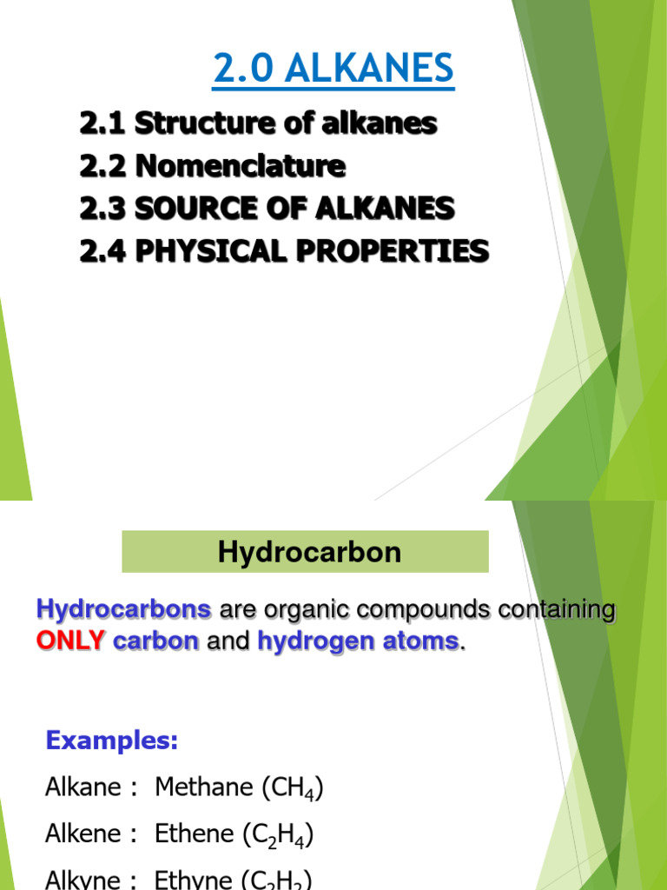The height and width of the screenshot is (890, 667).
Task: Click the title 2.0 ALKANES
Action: pyautogui.click(x=333, y=70)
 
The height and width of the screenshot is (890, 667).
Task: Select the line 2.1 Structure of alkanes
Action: pyautogui.click(x=258, y=124)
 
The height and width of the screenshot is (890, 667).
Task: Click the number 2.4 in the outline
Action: pyautogui.click(x=101, y=251)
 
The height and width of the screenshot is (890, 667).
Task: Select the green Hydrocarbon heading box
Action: pyautogui.click(x=305, y=552)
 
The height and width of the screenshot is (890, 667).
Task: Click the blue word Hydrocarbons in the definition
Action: pyautogui.click(x=123, y=610)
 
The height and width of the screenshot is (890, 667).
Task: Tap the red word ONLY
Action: pyautogui.click(x=70, y=642)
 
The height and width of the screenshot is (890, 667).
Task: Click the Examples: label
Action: pyautogui.click(x=111, y=741)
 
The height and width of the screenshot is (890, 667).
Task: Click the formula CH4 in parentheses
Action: pyautogui.click(x=298, y=789)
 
